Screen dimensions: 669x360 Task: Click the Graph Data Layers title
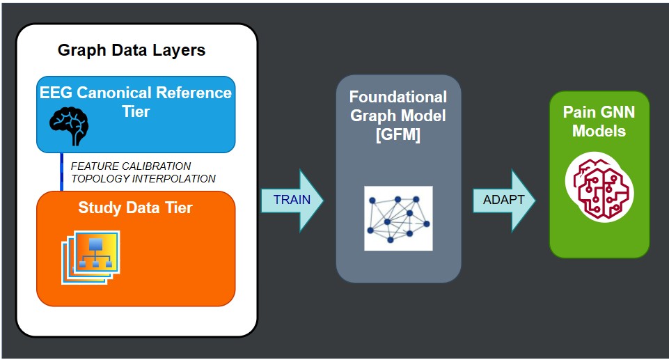click(x=132, y=50)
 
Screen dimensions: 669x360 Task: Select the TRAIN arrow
click(x=292, y=200)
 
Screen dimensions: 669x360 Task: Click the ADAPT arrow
click(x=504, y=200)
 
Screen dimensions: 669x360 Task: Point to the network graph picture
click(x=398, y=219)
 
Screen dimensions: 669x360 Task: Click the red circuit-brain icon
click(x=599, y=187)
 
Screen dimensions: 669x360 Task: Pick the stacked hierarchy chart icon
click(x=91, y=257)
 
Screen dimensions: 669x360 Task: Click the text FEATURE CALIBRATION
click(x=131, y=166)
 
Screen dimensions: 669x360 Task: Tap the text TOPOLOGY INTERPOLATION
click(x=143, y=178)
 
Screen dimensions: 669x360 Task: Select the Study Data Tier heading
click(x=135, y=208)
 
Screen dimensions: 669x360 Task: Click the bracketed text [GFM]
click(x=398, y=135)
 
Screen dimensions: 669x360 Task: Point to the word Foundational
click(x=398, y=97)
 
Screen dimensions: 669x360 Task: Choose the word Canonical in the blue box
click(x=114, y=93)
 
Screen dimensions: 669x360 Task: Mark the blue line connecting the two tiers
click(x=62, y=171)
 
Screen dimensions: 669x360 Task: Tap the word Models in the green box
click(x=599, y=131)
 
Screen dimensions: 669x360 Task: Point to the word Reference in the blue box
click(x=194, y=93)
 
